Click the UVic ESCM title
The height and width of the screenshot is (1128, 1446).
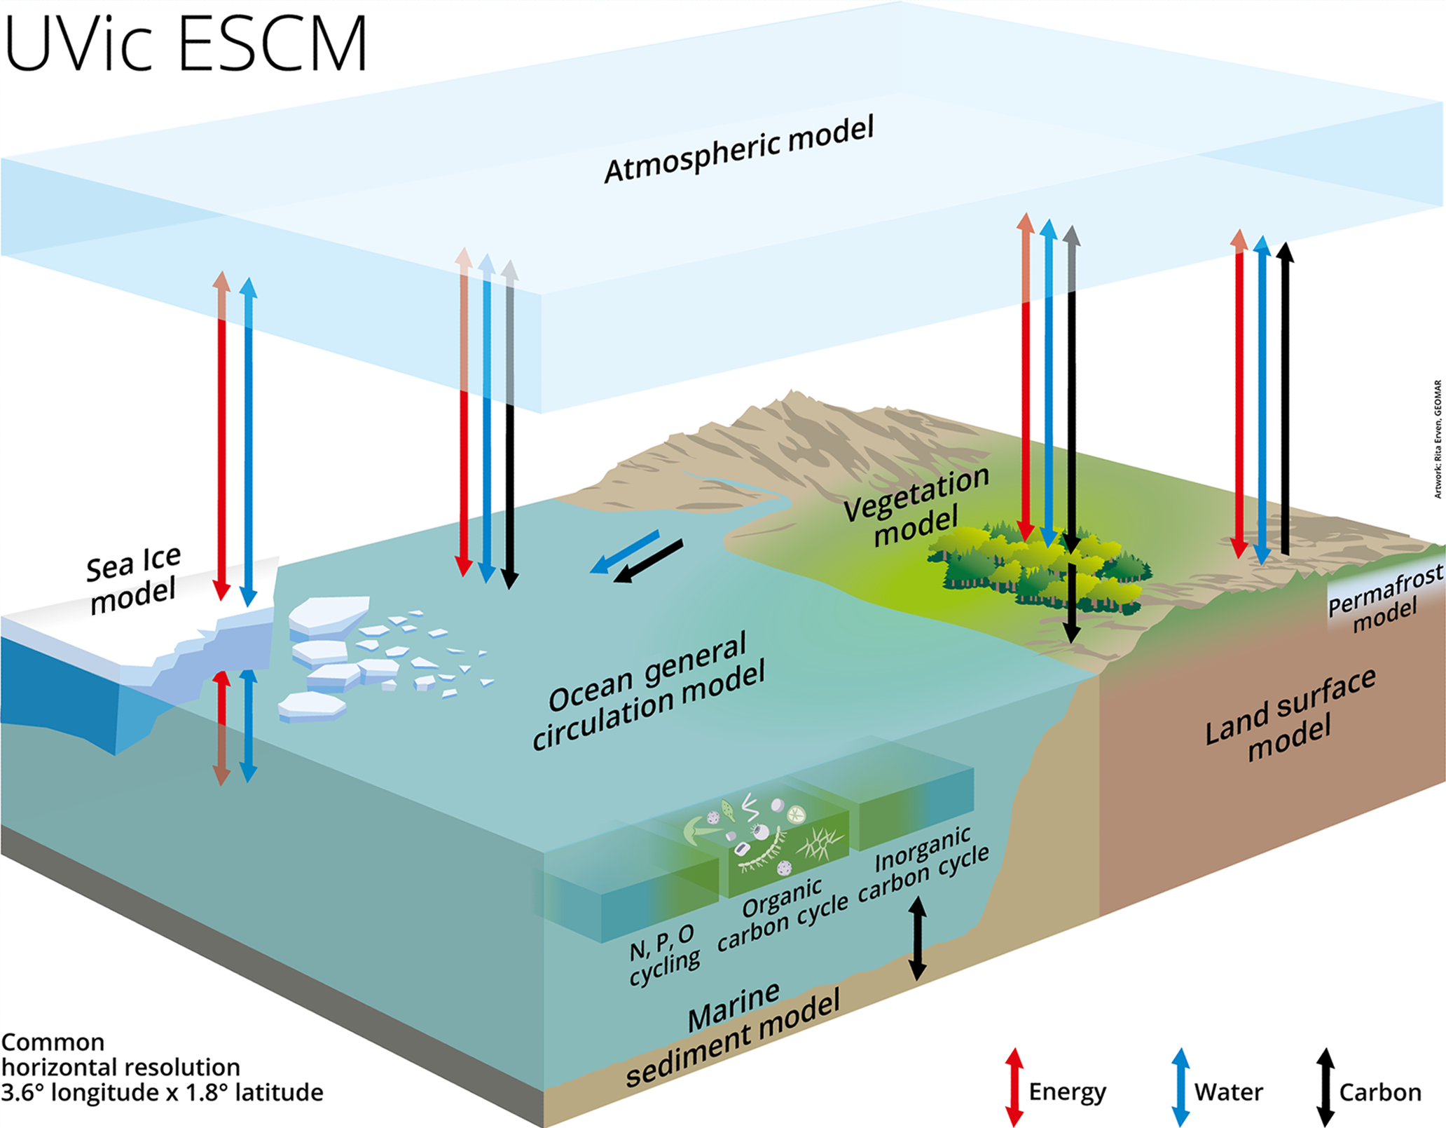(186, 43)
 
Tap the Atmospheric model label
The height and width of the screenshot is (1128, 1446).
(739, 150)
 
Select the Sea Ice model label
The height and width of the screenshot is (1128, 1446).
(133, 580)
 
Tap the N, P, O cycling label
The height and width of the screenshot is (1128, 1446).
(663, 954)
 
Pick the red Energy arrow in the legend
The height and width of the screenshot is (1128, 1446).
(1014, 1087)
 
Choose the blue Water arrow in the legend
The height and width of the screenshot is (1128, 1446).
(1180, 1087)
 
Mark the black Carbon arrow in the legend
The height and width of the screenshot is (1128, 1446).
(1325, 1087)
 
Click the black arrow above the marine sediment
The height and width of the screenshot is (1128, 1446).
(918, 939)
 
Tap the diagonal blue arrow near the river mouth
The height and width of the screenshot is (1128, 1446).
(625, 552)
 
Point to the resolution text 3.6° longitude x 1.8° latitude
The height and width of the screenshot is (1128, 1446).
(162, 1092)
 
